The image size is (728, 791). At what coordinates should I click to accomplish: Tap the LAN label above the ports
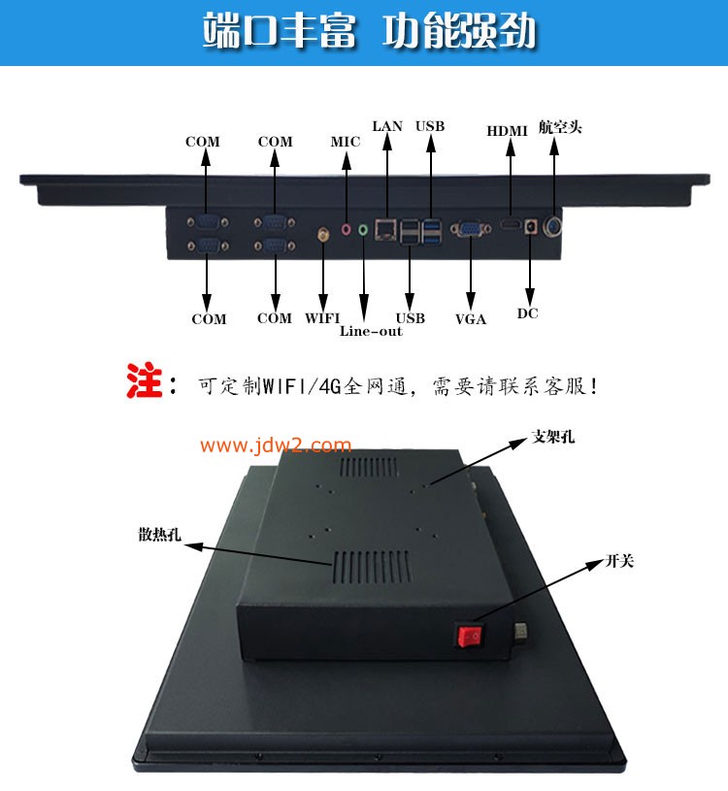pyautogui.click(x=387, y=126)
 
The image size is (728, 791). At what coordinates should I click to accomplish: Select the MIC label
pyautogui.click(x=345, y=142)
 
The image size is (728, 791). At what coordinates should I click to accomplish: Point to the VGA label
pyautogui.click(x=471, y=318)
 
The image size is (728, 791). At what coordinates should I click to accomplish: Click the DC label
pyautogui.click(x=528, y=313)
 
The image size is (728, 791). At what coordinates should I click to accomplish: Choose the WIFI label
pyautogui.click(x=323, y=318)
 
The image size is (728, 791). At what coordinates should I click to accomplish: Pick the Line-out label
pyautogui.click(x=371, y=331)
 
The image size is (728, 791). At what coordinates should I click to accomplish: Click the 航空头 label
pyautogui.click(x=560, y=127)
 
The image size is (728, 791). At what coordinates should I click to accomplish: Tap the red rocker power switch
pyautogui.click(x=471, y=636)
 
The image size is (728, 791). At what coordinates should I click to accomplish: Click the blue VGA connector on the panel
pyautogui.click(x=470, y=229)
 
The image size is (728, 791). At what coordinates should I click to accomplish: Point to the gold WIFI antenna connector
pyautogui.click(x=322, y=233)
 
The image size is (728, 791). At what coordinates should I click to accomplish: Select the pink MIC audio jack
pyautogui.click(x=346, y=230)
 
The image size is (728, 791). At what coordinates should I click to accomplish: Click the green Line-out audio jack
pyautogui.click(x=364, y=230)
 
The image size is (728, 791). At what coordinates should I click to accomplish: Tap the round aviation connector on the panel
pyautogui.click(x=555, y=227)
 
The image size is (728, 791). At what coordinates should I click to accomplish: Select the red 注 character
pyautogui.click(x=144, y=380)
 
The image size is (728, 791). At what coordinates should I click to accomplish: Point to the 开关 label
pyautogui.click(x=619, y=560)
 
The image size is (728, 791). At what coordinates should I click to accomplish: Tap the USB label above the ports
pyautogui.click(x=430, y=126)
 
